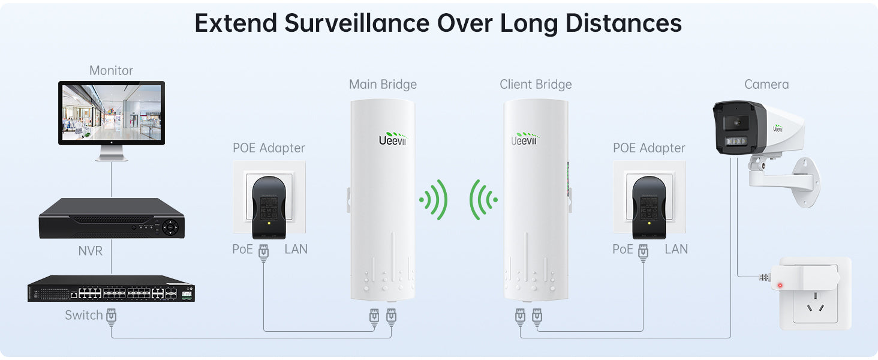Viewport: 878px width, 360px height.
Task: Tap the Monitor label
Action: click(x=111, y=71)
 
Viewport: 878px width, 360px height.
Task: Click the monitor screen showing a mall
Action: click(x=112, y=112)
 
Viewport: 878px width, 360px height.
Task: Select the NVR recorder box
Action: click(x=112, y=218)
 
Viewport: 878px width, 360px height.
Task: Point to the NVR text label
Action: click(x=91, y=251)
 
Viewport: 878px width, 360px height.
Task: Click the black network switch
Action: click(x=111, y=288)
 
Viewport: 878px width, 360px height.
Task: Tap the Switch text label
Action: click(x=84, y=315)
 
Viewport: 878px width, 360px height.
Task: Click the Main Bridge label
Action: click(x=383, y=85)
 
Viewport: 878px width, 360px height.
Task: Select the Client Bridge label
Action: click(x=536, y=85)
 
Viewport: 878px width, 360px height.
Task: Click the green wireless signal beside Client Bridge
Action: click(x=483, y=199)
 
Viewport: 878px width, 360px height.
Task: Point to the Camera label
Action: click(x=766, y=85)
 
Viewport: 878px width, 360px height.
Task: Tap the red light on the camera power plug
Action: click(x=780, y=285)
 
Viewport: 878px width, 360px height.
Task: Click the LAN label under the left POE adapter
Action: click(x=296, y=249)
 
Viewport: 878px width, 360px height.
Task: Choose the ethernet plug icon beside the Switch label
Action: click(x=111, y=316)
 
